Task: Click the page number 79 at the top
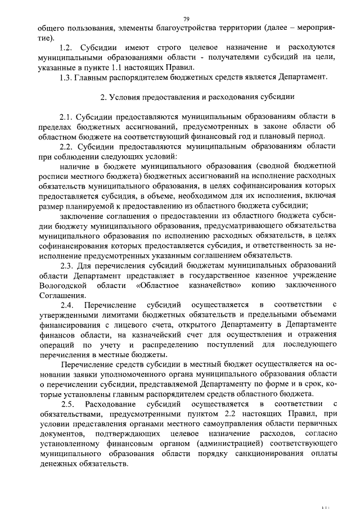click(186, 19)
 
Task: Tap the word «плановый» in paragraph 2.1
click(285, 136)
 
